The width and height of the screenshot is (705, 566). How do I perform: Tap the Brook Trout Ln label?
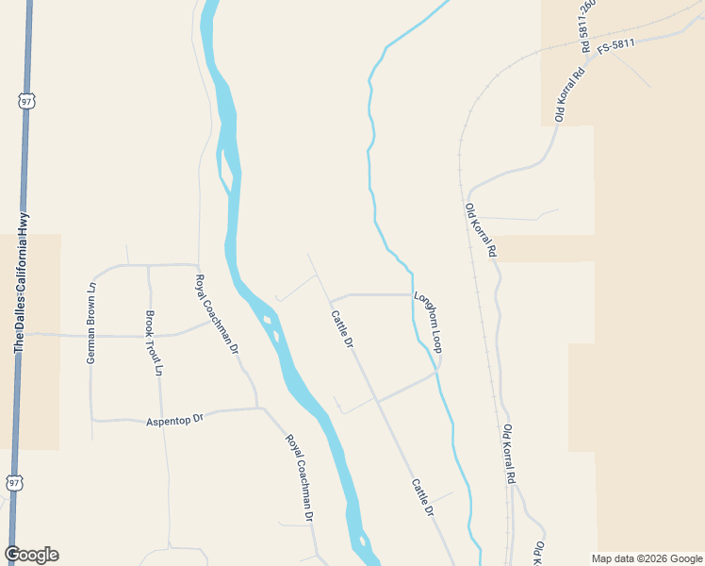point(153,343)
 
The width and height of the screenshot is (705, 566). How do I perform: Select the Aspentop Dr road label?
point(175,419)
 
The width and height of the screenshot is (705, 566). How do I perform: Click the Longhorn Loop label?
point(428,322)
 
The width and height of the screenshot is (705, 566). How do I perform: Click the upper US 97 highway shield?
point(24,100)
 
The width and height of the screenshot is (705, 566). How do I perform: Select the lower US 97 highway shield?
point(13,482)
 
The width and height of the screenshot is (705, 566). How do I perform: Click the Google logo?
point(31,555)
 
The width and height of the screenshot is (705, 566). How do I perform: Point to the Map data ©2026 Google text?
point(648,558)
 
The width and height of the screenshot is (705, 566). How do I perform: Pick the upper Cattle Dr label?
point(342,329)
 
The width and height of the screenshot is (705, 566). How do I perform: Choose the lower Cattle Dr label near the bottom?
point(421,497)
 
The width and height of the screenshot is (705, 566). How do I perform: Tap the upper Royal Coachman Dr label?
point(217,314)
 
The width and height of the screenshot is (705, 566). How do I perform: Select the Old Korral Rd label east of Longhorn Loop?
point(480,230)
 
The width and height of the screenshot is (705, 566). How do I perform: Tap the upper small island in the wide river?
point(268,320)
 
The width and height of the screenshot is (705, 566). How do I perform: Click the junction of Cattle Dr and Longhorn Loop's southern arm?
point(378,400)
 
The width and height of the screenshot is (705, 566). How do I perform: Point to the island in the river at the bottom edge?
point(362,542)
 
